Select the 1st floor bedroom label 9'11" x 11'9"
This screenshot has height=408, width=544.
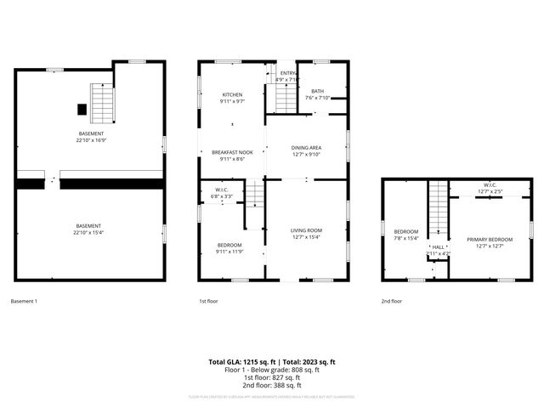[229, 247]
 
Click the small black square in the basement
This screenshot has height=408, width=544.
[82, 109]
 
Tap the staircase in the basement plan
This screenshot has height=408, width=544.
[102, 103]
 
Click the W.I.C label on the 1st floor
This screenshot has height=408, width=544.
[220, 193]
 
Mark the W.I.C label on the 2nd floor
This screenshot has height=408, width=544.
[490, 188]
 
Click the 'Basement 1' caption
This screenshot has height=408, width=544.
[24, 301]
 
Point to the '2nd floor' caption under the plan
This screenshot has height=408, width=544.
[392, 301]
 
